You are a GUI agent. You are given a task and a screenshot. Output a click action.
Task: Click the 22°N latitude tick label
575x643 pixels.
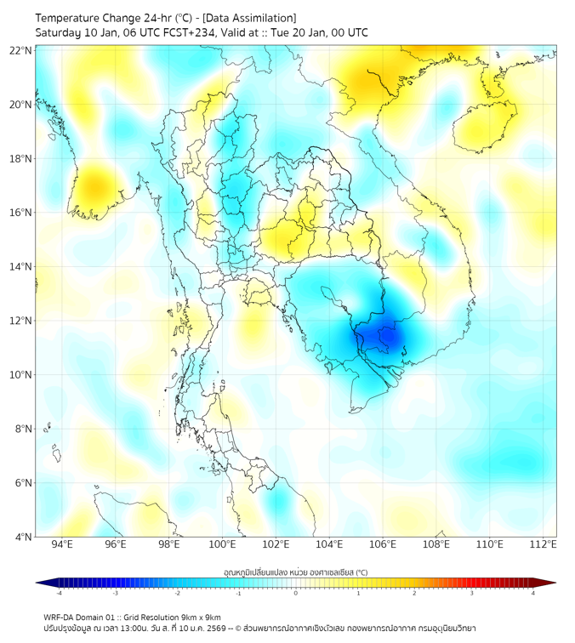(21, 50)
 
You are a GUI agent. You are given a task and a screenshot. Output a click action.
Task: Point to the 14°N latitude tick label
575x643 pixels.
(21, 266)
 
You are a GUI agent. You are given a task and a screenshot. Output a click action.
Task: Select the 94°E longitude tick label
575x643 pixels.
(62, 544)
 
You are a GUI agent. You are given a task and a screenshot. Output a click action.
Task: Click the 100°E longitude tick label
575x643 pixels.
(222, 544)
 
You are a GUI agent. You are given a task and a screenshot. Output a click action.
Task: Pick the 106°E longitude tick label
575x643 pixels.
(383, 544)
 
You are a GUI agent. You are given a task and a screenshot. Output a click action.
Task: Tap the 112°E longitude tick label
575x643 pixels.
(543, 544)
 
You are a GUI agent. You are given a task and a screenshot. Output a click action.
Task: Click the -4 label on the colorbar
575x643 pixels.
(58, 593)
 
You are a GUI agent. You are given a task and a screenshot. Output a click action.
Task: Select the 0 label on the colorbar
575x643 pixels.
(296, 593)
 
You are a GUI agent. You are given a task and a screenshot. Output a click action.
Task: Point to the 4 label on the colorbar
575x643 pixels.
(533, 593)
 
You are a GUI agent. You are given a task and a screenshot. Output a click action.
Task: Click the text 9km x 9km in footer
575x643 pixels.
(201, 617)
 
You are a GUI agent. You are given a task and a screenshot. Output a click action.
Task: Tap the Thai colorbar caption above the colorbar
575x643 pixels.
(295, 572)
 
